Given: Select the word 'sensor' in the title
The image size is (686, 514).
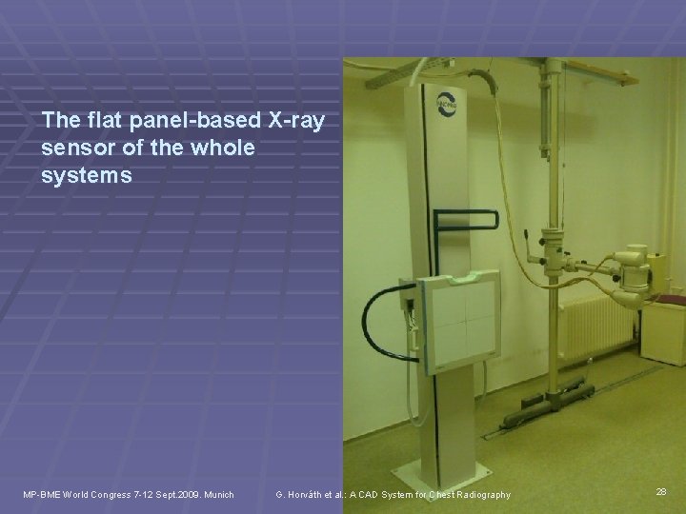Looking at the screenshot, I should point(77,149).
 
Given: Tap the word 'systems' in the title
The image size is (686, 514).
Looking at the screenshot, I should point(87,177).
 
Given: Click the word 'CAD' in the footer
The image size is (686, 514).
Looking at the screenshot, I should point(368,494).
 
